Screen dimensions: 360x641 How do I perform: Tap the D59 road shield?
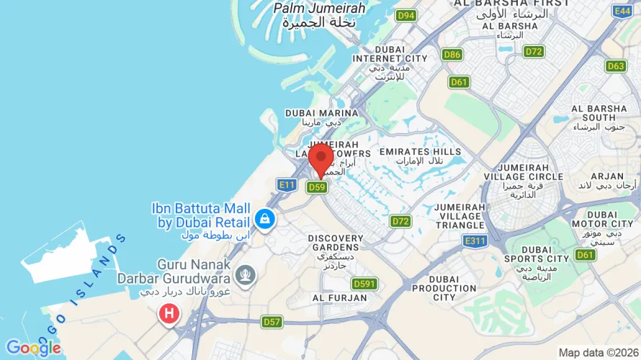tap(317, 187)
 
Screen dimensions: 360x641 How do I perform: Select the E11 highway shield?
tap(287, 185)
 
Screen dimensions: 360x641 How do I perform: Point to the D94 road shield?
tap(407, 15)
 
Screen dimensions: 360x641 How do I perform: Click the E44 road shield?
tap(622, 10)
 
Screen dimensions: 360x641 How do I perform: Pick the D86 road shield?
tap(452, 55)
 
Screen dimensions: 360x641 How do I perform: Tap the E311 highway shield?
tap(476, 240)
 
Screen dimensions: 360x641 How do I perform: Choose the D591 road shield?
tap(365, 284)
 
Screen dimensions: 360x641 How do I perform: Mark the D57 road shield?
tap(272, 322)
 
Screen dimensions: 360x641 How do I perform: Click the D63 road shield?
tap(616, 66)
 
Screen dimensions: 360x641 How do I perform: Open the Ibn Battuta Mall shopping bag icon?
tap(264, 220)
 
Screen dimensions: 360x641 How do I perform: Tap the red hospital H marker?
tap(169, 313)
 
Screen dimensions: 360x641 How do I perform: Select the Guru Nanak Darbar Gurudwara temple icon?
tap(246, 274)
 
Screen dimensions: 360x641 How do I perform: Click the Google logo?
tap(34, 348)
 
